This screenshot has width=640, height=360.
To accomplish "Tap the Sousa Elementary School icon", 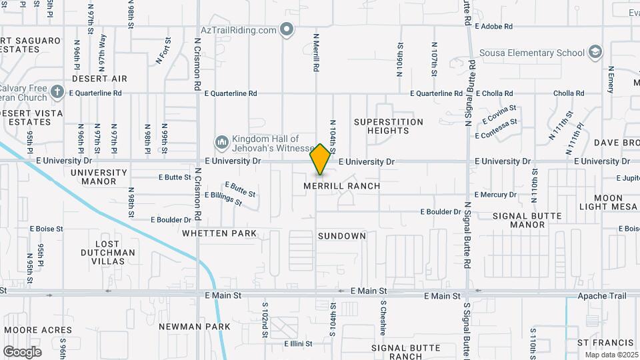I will pyautogui.click(x=595, y=53).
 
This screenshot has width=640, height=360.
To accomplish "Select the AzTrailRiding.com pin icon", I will pyautogui.click(x=287, y=30).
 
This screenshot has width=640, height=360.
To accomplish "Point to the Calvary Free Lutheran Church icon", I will pyautogui.click(x=58, y=93).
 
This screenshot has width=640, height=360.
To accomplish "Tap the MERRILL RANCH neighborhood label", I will pyautogui.click(x=342, y=186).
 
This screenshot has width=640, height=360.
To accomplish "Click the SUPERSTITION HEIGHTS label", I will pyautogui.click(x=389, y=126).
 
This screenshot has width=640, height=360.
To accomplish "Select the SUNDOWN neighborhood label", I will pyautogui.click(x=342, y=236).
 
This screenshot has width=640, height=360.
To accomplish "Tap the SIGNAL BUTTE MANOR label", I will pyautogui.click(x=527, y=221).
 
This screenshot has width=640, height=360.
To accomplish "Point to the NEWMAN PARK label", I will pyautogui.click(x=195, y=327).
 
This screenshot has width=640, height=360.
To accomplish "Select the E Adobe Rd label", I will pyautogui.click(x=493, y=27).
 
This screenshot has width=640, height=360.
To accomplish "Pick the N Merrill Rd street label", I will pyautogui.click(x=315, y=55).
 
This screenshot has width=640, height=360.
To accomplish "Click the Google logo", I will pyautogui.click(x=22, y=351).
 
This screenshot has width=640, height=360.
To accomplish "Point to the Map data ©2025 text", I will pyautogui.click(x=609, y=355).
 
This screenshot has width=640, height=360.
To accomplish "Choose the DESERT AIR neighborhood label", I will pyautogui.click(x=99, y=79).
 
